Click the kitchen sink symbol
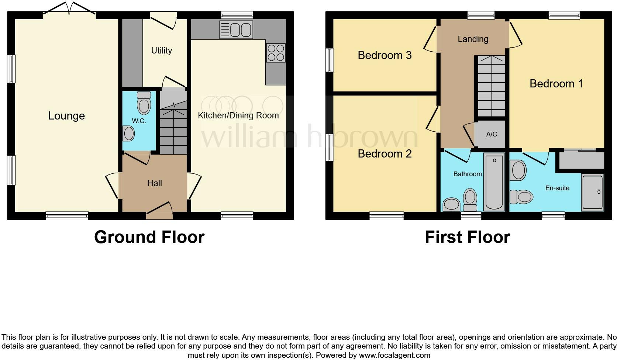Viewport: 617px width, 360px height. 236,30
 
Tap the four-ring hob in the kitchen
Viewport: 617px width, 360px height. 276,53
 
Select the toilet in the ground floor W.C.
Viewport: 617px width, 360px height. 144,103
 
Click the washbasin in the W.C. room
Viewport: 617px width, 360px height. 128,133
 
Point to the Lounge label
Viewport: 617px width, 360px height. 66,116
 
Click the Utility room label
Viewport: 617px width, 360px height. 162,51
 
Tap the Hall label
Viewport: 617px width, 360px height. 154,183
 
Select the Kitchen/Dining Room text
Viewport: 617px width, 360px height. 238,115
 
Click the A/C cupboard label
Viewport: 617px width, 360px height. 492,134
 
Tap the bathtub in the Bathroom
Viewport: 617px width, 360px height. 494,182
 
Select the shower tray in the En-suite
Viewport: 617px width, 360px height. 592,192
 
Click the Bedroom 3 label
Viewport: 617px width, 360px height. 385,55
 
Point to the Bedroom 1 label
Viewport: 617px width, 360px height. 556,84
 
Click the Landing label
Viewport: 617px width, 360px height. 473,39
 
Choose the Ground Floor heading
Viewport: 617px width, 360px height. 149,237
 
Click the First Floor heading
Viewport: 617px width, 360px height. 467,237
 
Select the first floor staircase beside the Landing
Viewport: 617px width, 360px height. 491,87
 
